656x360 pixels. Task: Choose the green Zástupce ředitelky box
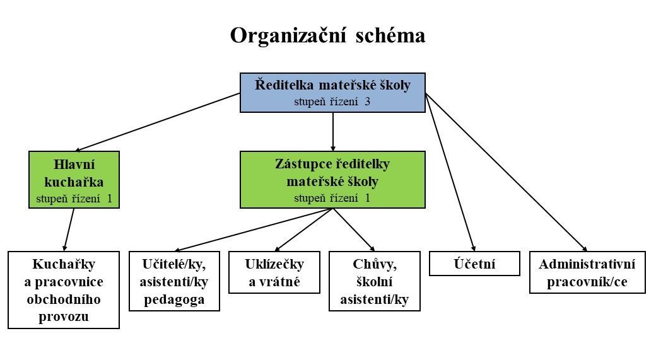[332, 180]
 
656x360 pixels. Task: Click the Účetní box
[474, 264]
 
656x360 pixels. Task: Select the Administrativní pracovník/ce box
[587, 272]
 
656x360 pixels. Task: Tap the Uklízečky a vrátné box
[274, 272]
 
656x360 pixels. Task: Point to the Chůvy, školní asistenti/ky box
[374, 281]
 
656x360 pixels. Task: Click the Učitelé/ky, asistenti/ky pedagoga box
[175, 281]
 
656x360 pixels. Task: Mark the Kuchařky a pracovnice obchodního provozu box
[64, 290]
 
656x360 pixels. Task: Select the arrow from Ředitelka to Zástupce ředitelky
[332, 132]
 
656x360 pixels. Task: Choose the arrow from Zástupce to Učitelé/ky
[252, 229]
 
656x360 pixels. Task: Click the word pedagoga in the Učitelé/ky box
[175, 299]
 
